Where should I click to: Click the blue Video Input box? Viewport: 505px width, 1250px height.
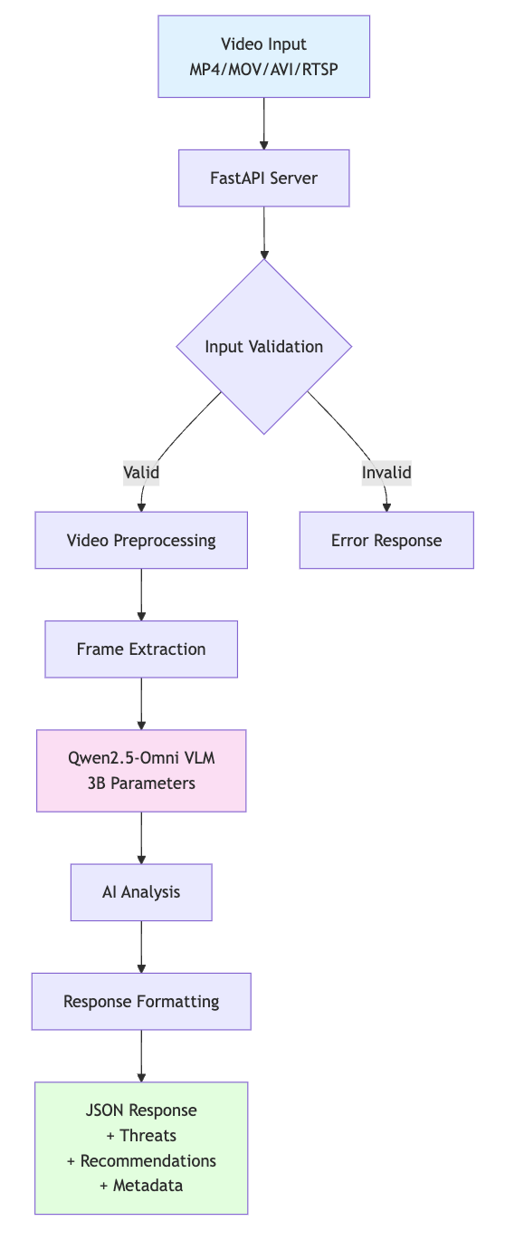[263, 56]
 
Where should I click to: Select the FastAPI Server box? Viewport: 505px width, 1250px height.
[263, 178]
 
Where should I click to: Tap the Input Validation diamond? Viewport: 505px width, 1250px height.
[263, 347]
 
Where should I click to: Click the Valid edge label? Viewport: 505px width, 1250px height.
[141, 472]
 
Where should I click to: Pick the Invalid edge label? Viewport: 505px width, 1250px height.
[386, 472]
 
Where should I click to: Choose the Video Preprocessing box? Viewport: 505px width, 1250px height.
[141, 541]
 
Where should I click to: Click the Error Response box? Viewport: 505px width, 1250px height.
[386, 541]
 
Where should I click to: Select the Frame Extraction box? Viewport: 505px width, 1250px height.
[141, 649]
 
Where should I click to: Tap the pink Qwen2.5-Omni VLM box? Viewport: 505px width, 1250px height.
[141, 771]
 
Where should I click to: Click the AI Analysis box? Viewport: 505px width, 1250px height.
[141, 892]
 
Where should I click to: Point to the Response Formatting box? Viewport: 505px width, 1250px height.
[141, 1002]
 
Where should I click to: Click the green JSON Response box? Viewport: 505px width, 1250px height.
[141, 1148]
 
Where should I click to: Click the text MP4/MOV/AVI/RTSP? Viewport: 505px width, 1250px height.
[263, 69]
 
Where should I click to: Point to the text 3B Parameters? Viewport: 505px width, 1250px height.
[141, 784]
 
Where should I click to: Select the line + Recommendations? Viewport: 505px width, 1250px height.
[141, 1160]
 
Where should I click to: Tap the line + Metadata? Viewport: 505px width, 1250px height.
[141, 1186]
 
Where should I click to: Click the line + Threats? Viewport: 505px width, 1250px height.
[141, 1135]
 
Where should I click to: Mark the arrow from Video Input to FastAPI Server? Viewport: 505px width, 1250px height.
[263, 123]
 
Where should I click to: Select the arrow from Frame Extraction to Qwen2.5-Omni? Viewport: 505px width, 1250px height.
[141, 703]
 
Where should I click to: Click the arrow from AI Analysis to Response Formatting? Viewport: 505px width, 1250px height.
[141, 947]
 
